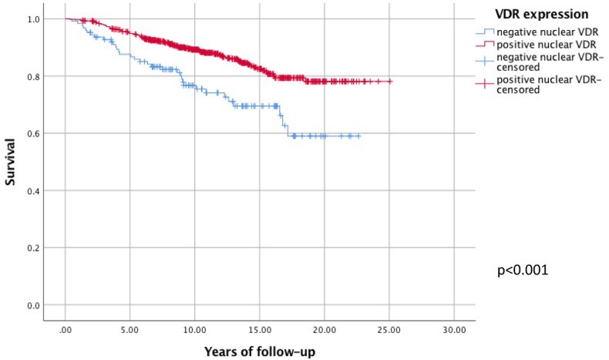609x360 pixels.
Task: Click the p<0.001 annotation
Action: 527,271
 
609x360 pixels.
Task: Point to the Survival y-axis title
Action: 11,161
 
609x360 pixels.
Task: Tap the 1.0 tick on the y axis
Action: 32,19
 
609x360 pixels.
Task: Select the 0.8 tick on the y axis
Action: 32,76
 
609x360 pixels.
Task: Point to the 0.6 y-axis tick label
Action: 32,133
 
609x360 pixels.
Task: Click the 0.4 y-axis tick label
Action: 32,190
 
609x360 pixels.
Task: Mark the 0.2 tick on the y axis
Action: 32,247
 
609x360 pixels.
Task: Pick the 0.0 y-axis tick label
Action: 32,305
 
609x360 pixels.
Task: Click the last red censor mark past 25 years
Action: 390,81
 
